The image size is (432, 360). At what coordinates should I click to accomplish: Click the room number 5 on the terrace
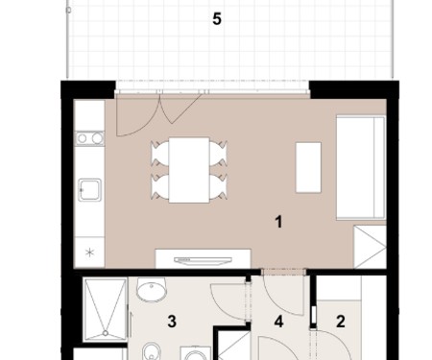tap(217, 19)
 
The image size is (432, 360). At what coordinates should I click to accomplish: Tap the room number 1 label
tap(278, 222)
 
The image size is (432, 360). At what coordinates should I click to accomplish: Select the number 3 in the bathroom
tap(172, 322)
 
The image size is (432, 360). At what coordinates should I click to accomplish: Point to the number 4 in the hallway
tap(278, 322)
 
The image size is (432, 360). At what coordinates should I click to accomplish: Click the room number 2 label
tap(341, 322)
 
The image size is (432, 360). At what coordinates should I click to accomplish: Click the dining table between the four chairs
tap(189, 170)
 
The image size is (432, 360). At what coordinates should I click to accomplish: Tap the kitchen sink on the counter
tap(90, 190)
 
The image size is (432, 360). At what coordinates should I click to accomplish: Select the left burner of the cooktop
tap(83, 138)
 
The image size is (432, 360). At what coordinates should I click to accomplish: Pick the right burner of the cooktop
tap(97, 138)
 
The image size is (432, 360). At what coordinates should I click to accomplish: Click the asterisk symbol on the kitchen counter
tap(90, 252)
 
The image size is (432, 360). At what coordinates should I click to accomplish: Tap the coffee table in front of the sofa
tap(308, 167)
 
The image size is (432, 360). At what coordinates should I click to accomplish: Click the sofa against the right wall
tap(361, 168)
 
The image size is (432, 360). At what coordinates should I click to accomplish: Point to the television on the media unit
tap(204, 260)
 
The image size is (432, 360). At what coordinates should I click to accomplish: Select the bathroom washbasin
tap(152, 289)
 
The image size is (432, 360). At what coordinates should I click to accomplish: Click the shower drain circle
tap(106, 333)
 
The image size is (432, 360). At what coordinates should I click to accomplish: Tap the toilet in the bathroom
tap(152, 352)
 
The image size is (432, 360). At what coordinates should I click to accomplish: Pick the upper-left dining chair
tap(160, 154)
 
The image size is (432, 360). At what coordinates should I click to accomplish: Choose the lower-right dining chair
tap(219, 186)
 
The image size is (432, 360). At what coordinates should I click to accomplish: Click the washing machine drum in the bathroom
tap(196, 356)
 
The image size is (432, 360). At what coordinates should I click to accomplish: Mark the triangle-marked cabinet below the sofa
tap(370, 247)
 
